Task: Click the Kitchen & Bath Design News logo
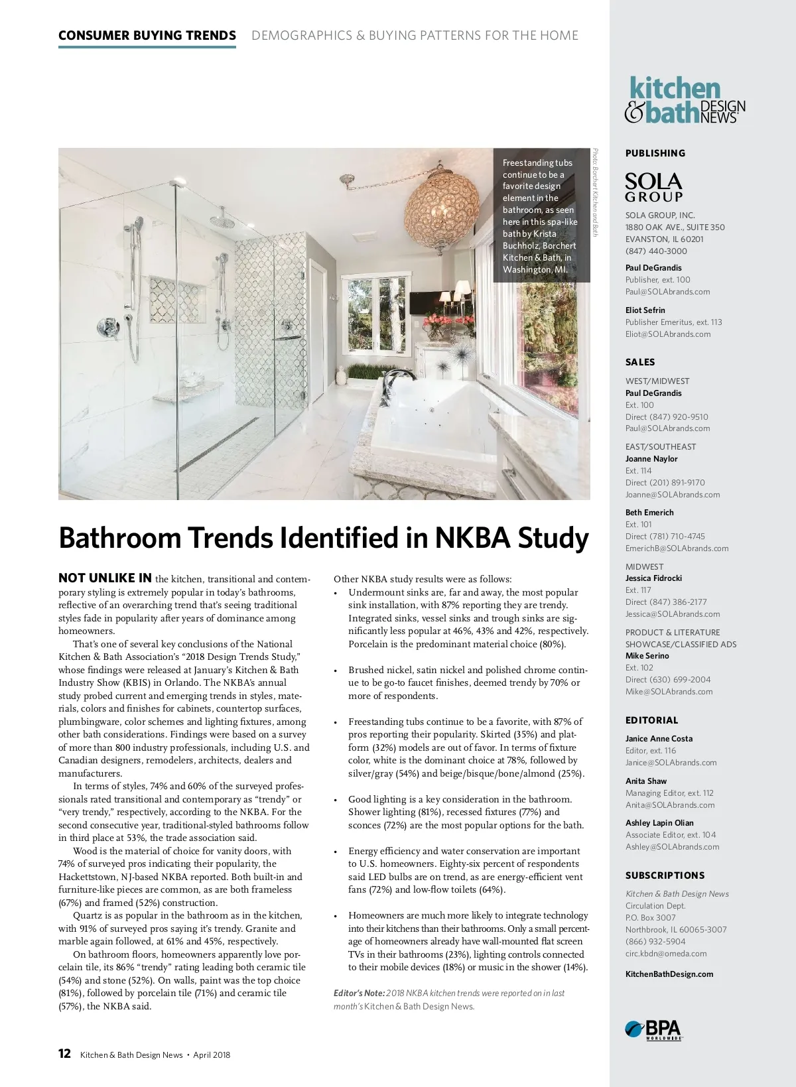point(685,101)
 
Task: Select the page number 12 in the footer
point(64,1055)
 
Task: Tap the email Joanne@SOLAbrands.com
point(672,495)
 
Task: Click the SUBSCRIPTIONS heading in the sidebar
point(665,875)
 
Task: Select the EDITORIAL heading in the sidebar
point(651,720)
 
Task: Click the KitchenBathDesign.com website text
point(669,974)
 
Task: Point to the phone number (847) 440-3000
point(656,251)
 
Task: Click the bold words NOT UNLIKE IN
point(105,578)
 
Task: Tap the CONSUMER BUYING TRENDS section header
point(147,36)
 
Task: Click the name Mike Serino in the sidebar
point(647,656)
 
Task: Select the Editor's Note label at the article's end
point(359,993)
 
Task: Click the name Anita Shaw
point(645,781)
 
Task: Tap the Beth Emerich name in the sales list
point(649,513)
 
